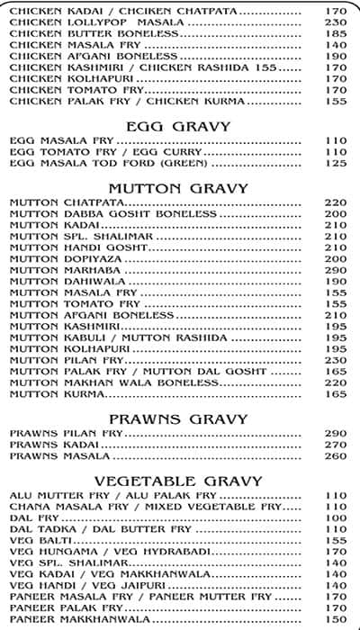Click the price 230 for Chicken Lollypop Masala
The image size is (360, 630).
pyautogui.click(x=336, y=22)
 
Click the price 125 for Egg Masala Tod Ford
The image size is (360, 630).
pyautogui.click(x=336, y=163)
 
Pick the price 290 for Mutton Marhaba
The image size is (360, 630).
pyautogui.click(x=336, y=269)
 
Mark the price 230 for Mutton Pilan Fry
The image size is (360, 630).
pyautogui.click(x=336, y=359)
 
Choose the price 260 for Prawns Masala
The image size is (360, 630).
pyautogui.click(x=336, y=455)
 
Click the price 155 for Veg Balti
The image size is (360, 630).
pyautogui.click(x=336, y=540)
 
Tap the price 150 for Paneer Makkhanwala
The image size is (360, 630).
pyautogui.click(x=336, y=619)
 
